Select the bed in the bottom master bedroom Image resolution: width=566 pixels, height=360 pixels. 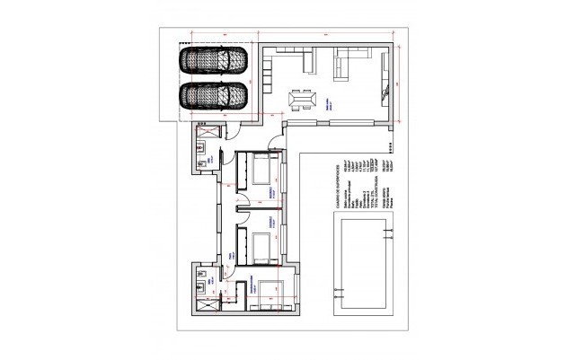[x=267, y=297]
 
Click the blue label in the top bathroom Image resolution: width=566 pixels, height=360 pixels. [x=210, y=159]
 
